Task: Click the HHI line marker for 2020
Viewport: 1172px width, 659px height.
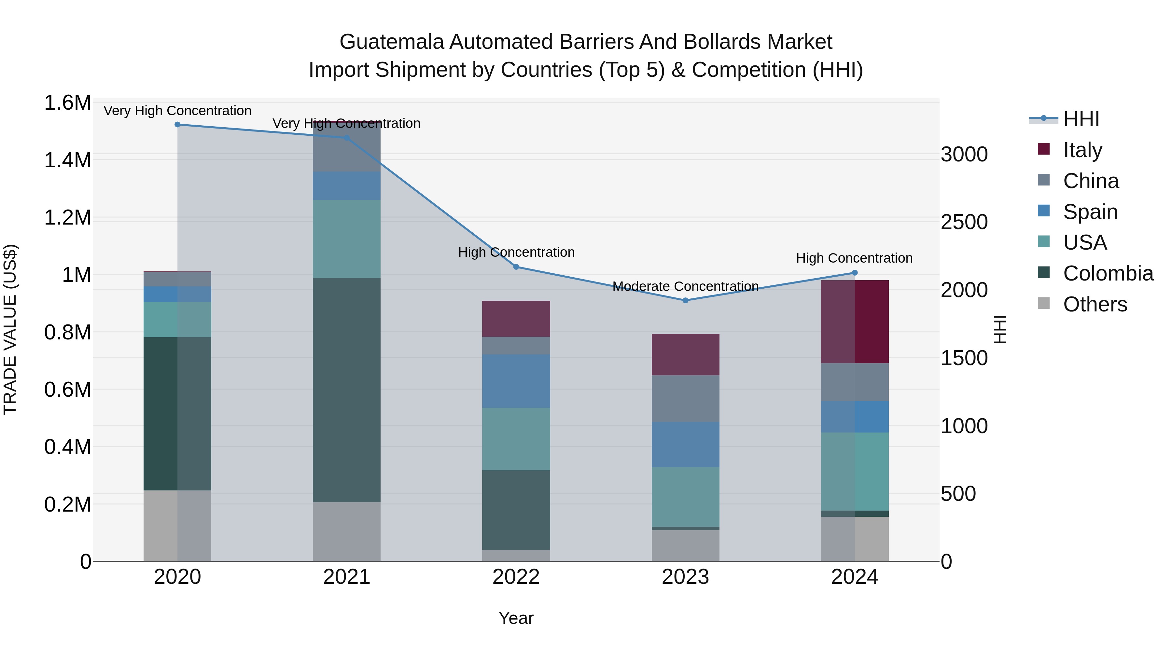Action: [x=177, y=125]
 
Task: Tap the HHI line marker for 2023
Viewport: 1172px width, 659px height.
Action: [x=685, y=300]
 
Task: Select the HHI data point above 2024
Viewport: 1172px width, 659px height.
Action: [x=855, y=273]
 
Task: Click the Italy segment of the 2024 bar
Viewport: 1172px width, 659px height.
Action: [x=855, y=322]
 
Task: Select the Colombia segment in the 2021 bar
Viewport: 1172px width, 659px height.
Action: [x=347, y=390]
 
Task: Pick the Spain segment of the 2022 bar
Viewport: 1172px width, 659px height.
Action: [x=516, y=381]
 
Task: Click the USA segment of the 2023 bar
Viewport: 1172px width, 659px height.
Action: [x=685, y=497]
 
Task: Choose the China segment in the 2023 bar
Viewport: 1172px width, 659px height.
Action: [x=685, y=398]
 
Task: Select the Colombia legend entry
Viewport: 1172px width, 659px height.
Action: [x=1108, y=273]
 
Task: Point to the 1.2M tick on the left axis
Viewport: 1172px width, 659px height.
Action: [x=67, y=218]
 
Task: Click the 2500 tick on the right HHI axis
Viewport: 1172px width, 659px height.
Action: [x=964, y=222]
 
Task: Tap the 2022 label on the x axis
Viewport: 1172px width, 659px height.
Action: [x=516, y=577]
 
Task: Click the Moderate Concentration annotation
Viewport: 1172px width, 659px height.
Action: [x=685, y=286]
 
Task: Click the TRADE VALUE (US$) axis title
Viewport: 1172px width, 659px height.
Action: [x=10, y=329]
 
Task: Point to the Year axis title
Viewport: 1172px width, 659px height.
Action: [x=516, y=618]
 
